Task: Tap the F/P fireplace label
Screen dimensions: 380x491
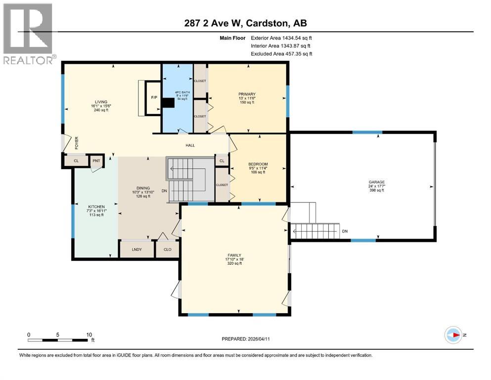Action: pos(154,98)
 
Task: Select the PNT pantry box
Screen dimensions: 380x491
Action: pos(94,161)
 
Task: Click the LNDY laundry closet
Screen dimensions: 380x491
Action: pos(137,249)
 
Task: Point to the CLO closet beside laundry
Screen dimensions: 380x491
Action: pos(167,249)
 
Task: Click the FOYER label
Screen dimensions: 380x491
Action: pos(77,142)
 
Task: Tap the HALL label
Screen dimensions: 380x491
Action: pos(190,145)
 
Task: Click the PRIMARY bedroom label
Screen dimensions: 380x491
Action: pos(246,94)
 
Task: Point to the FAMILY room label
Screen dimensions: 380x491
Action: pos(235,255)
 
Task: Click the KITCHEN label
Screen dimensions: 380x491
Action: pos(96,206)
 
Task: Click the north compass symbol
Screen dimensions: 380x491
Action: pos(453,335)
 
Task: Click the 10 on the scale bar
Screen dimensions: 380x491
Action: pos(89,334)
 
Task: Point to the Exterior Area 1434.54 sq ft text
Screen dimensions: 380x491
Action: pos(281,37)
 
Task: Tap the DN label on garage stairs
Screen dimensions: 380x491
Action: pos(345,231)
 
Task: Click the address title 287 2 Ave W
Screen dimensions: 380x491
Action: pos(245,23)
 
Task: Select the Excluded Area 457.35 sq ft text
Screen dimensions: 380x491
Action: pos(281,53)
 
